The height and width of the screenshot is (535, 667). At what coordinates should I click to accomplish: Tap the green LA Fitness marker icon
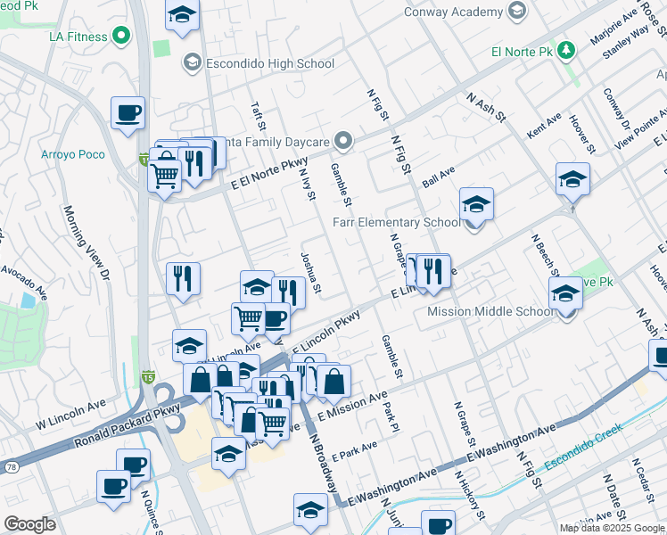click(x=120, y=37)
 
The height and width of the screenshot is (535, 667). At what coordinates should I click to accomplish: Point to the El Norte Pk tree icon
click(x=564, y=52)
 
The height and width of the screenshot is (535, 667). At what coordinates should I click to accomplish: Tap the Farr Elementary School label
click(x=396, y=222)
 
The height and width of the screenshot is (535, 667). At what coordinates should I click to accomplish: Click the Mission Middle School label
click(x=491, y=311)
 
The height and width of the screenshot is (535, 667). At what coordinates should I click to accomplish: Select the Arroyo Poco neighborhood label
click(x=72, y=154)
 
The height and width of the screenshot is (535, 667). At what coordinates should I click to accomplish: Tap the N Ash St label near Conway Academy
click(x=487, y=105)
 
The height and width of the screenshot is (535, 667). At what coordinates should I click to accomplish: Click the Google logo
click(x=30, y=524)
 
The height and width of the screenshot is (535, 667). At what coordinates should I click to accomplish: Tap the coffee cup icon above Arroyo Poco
click(x=128, y=113)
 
